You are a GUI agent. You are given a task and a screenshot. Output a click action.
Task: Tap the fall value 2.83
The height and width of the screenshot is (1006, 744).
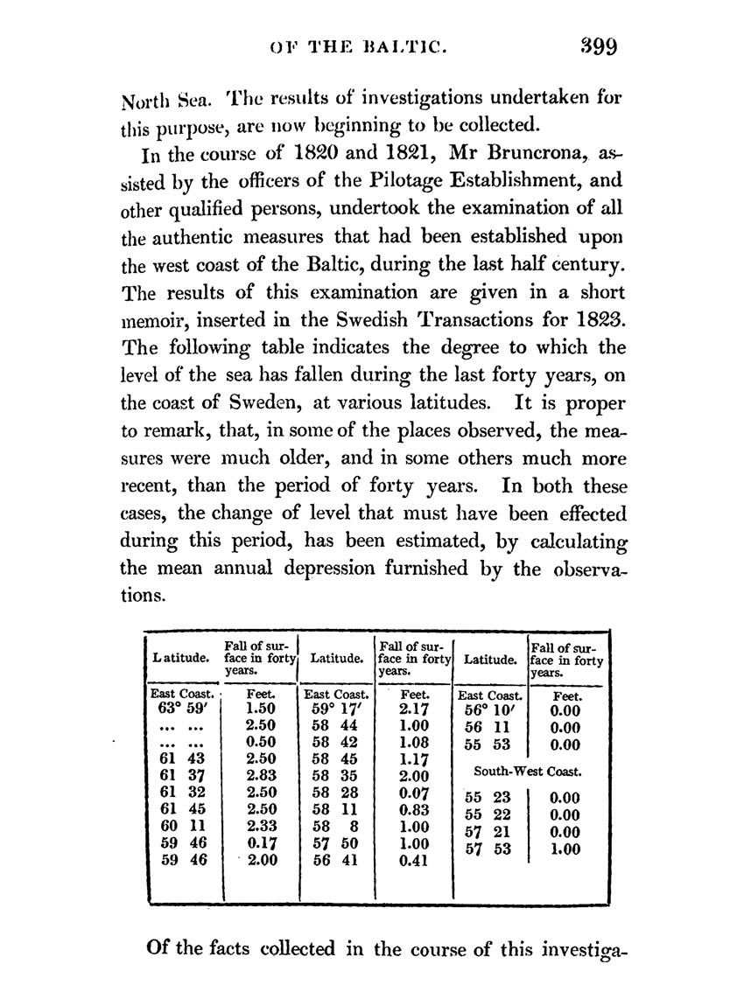click(x=262, y=776)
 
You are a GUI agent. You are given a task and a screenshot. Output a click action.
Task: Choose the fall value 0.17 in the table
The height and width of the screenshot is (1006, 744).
click(x=262, y=843)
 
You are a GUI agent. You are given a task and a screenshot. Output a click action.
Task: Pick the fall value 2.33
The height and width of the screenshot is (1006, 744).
click(x=262, y=827)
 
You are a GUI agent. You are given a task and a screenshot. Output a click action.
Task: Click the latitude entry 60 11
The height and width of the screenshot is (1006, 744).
click(x=181, y=827)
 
